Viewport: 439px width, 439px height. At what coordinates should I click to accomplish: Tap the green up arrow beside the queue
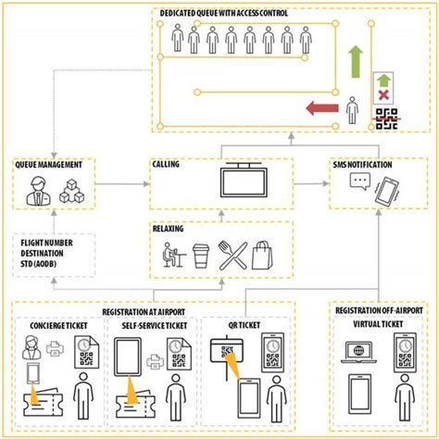point(356,59)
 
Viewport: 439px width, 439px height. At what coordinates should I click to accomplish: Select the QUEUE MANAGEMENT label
point(56,164)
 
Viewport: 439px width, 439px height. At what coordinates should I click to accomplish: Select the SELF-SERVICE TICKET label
point(147,325)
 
